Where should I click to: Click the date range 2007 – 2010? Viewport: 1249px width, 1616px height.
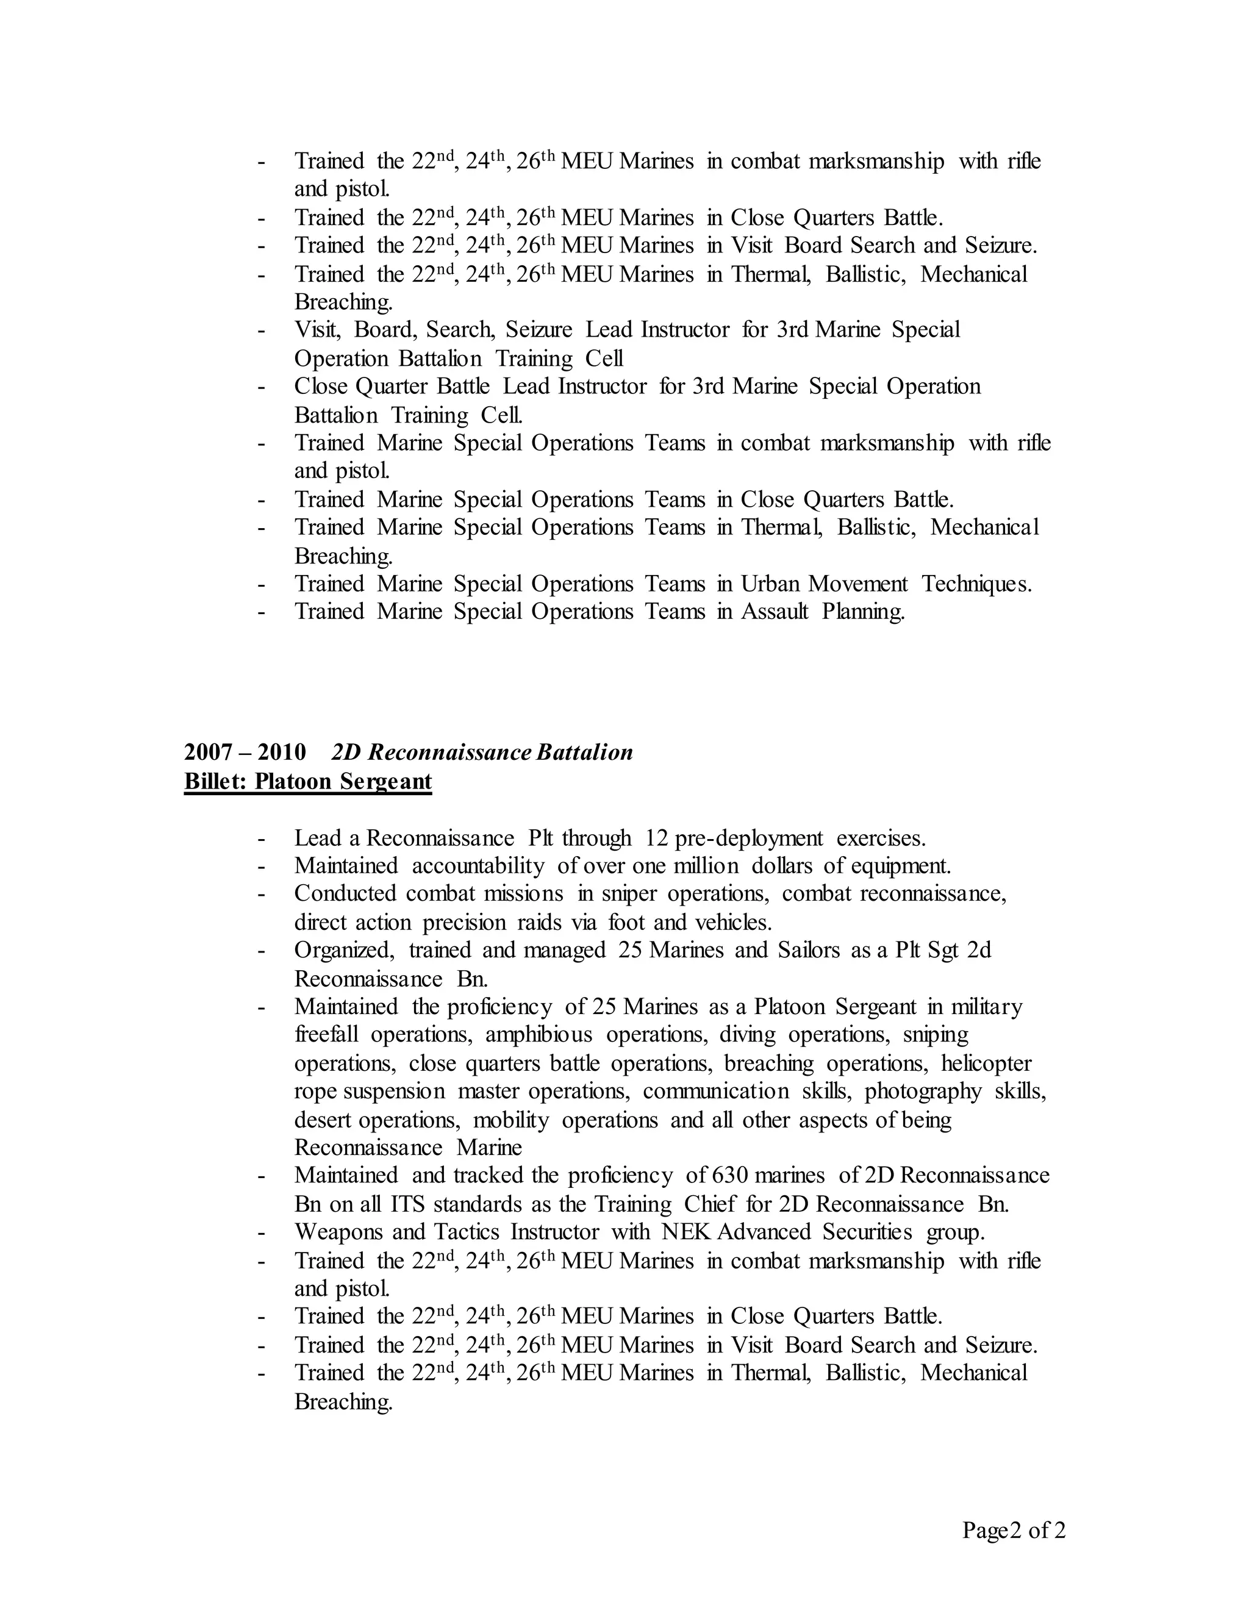point(245,753)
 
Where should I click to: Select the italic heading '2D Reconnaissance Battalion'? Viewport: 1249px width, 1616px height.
point(482,753)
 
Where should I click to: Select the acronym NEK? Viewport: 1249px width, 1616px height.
point(687,1232)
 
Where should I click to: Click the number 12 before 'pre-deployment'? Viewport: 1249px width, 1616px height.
point(656,838)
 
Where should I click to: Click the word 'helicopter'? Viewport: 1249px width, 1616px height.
point(986,1064)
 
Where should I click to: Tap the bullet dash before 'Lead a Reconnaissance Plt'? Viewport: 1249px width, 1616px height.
point(261,839)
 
